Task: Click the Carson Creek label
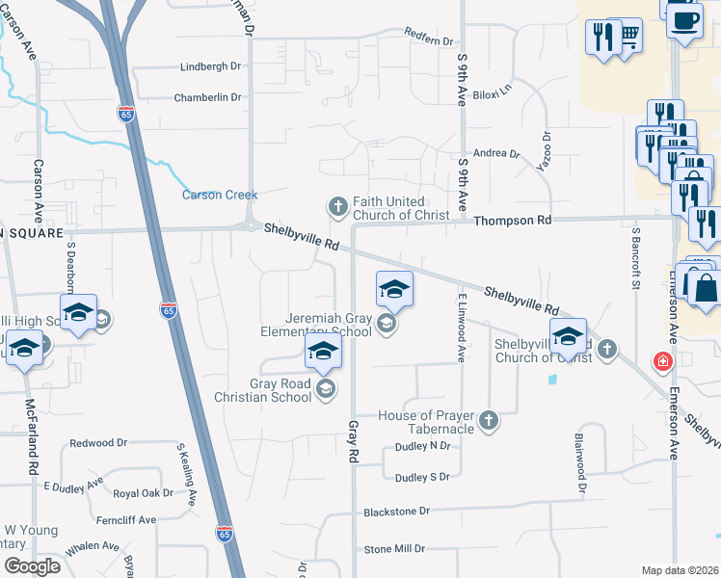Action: (x=220, y=195)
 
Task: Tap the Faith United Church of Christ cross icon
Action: (x=337, y=206)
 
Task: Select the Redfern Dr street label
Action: (x=429, y=41)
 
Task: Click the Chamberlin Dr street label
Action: (x=206, y=97)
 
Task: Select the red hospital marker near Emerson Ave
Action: (x=662, y=363)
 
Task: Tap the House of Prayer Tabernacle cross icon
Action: (x=489, y=420)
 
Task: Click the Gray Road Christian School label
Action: (x=280, y=390)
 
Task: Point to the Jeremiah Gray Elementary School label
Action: (x=329, y=325)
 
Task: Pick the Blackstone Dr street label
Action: (x=396, y=511)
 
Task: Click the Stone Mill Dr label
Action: (x=393, y=549)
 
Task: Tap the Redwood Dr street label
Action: (x=98, y=443)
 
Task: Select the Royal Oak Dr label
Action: (x=143, y=493)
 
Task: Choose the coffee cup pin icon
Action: (x=684, y=19)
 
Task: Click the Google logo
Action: (x=31, y=566)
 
